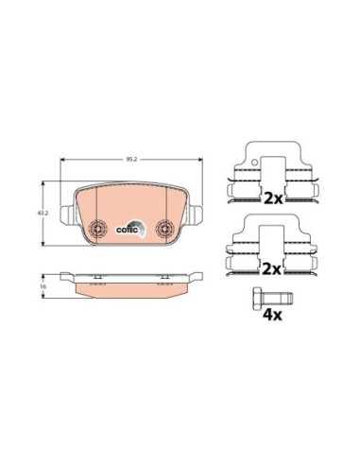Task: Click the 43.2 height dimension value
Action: pyautogui.click(x=43, y=214)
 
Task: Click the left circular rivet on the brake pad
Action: pyautogui.click(x=97, y=228)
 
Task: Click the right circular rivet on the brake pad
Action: pyautogui.click(x=164, y=228)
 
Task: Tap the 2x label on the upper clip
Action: pyautogui.click(x=272, y=199)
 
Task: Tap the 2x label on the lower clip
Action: pyautogui.click(x=272, y=268)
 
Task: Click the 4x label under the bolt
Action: pyautogui.click(x=272, y=312)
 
